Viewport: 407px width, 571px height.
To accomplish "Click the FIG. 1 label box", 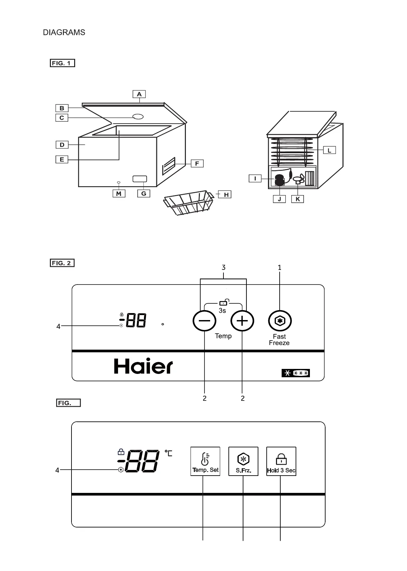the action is (63, 63).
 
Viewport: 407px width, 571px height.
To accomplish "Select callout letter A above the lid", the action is (139, 94).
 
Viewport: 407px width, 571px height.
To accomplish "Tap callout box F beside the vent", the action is (197, 163).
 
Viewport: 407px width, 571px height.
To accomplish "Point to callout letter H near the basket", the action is (226, 194).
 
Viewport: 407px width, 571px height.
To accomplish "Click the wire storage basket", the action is (188, 202).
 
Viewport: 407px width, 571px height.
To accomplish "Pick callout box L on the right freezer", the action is (329, 150).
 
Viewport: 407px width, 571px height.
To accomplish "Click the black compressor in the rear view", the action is (280, 180).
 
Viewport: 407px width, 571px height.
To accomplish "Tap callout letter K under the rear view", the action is (298, 199).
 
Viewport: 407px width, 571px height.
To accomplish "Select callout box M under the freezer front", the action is (119, 193).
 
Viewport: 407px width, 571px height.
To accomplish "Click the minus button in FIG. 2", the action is (204, 321).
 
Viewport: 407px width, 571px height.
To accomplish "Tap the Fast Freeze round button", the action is (280, 321).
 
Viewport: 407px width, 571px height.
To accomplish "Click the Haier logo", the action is (143, 366).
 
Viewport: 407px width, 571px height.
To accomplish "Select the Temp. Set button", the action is (205, 461).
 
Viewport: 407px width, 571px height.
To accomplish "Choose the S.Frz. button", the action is (243, 461).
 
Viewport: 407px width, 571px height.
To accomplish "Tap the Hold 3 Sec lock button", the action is (281, 461).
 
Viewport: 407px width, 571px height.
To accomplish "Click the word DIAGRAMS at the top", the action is (64, 33).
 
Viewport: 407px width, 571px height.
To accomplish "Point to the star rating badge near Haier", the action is (296, 373).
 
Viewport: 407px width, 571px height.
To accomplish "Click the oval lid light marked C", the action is (138, 117).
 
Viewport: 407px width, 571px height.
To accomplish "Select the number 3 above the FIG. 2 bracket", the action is (223, 267).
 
